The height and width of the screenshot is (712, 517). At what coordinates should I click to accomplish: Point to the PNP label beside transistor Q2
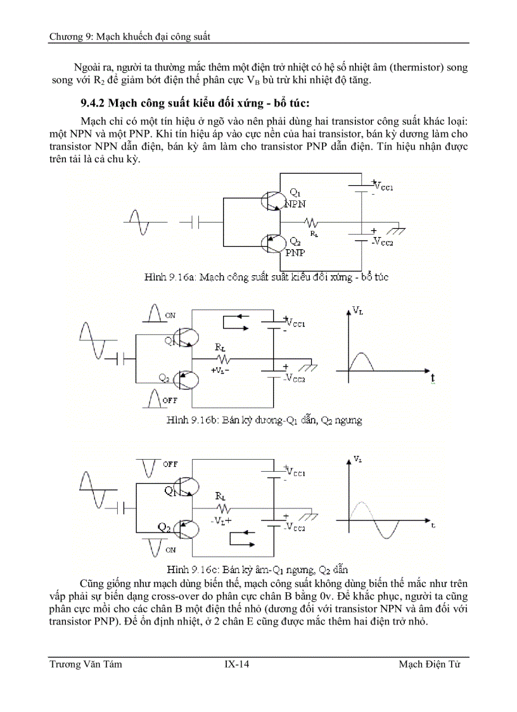click(x=294, y=252)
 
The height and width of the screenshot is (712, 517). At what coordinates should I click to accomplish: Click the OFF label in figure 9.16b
click(x=170, y=400)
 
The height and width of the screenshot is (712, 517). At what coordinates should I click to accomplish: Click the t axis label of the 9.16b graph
click(x=433, y=379)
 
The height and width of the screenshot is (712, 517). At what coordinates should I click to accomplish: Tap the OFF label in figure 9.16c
click(x=170, y=464)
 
